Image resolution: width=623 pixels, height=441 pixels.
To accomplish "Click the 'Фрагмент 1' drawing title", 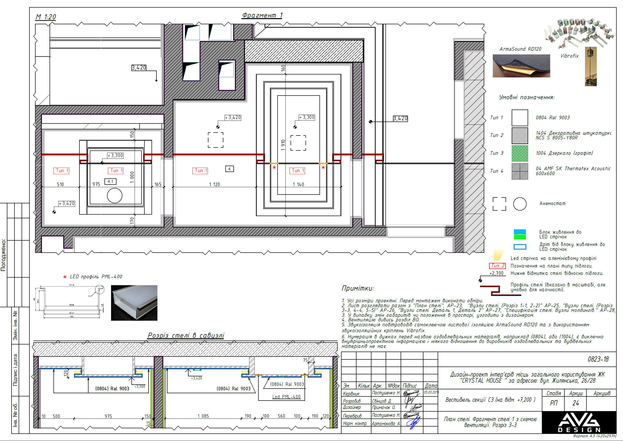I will click(x=262, y=15).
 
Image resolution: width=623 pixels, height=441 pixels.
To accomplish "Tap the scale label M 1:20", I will click(x=46, y=17).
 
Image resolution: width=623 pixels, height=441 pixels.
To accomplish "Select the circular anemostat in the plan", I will click(x=114, y=196).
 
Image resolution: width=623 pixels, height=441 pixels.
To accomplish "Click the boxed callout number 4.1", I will click(x=110, y=181).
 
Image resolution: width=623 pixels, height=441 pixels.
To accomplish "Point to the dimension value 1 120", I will click(x=214, y=185).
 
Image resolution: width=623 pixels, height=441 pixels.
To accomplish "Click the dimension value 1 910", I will click(x=283, y=145).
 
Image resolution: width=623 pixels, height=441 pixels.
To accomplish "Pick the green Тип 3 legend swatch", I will click(x=520, y=153).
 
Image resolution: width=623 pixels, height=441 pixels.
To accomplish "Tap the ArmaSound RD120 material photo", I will click(x=521, y=66).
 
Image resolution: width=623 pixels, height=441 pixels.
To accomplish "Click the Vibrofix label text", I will click(x=569, y=56).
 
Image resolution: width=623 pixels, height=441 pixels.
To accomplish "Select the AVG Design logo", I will click(x=579, y=422).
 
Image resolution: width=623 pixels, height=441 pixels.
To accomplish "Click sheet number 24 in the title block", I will click(x=575, y=403).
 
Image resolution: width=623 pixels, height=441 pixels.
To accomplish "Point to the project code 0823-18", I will click(x=598, y=359).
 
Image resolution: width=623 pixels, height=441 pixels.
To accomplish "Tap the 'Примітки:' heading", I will click(x=357, y=288).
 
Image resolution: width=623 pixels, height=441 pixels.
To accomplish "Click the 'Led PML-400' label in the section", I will click(x=286, y=397).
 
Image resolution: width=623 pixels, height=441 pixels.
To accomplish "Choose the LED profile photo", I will click(x=134, y=303).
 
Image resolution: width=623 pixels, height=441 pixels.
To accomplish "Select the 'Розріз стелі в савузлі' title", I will click(x=186, y=336).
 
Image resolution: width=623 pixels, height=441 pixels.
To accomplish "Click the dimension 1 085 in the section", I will click(x=203, y=416).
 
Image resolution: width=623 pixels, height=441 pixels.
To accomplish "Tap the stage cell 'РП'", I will click(x=554, y=403).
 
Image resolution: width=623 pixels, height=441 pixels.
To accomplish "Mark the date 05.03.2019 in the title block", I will click(x=431, y=392).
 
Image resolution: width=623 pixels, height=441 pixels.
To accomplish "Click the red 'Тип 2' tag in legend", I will click(x=497, y=266).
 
